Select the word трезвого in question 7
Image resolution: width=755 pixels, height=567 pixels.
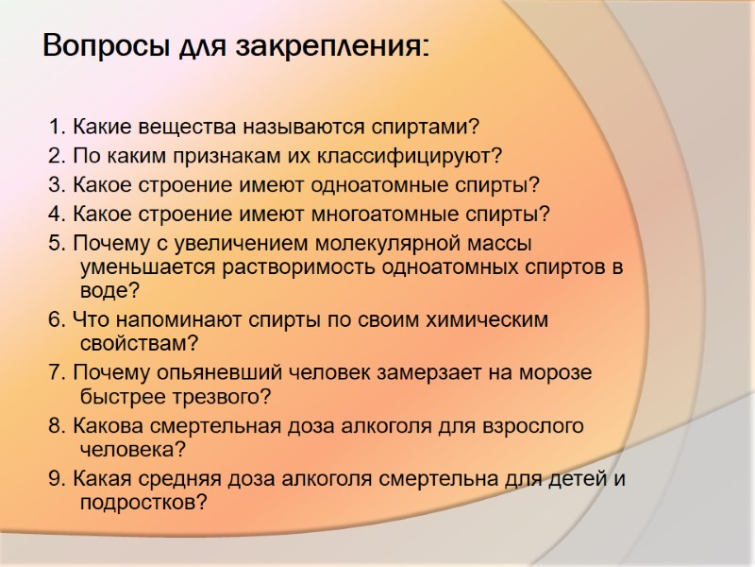tap(223, 396)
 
